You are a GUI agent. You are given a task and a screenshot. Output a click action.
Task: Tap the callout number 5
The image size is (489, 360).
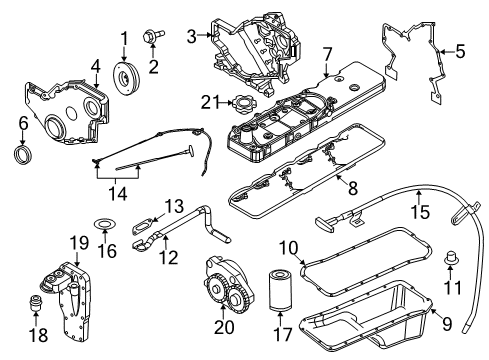461,47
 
